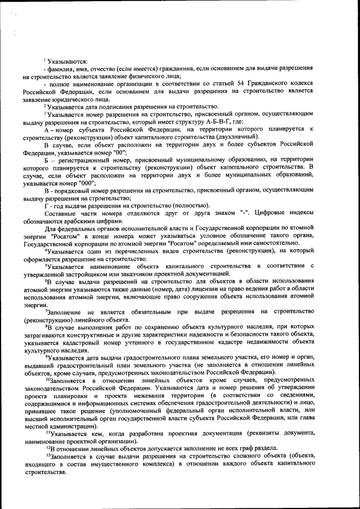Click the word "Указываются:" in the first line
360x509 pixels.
pyautogui.click(x=67, y=61)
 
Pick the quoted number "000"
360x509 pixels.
pyautogui.click(x=87, y=183)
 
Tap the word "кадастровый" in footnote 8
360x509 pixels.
pyautogui.click(x=92, y=342)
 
